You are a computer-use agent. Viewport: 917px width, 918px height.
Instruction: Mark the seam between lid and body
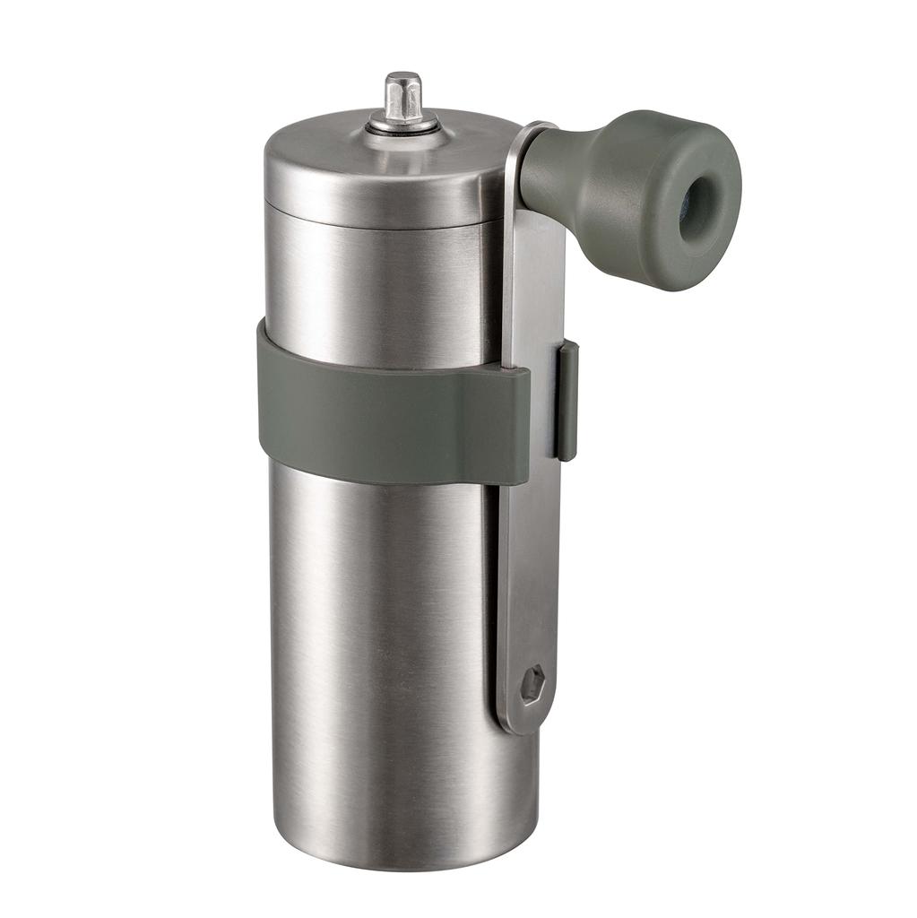(x=376, y=224)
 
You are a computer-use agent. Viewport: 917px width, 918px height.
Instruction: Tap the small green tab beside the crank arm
(x=567, y=399)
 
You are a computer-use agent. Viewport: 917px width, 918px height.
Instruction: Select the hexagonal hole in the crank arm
(x=532, y=686)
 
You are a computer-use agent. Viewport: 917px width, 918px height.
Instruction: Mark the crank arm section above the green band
(x=534, y=287)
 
